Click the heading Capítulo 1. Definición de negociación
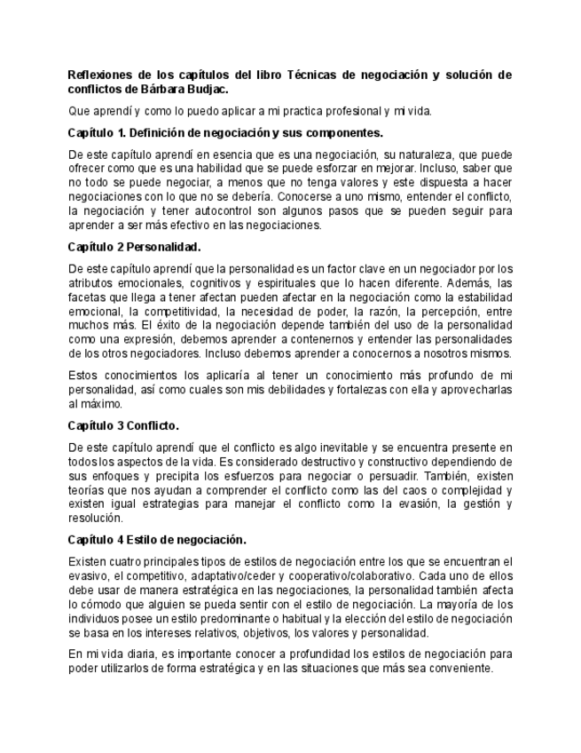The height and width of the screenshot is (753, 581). (x=225, y=132)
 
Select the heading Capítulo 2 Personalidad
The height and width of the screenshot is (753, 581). (x=134, y=247)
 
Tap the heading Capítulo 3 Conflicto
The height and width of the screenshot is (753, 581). (x=123, y=424)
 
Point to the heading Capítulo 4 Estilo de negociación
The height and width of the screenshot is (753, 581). (x=157, y=539)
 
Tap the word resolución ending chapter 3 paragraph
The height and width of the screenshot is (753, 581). (x=94, y=518)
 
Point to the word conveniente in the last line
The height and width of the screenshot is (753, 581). (x=446, y=668)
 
